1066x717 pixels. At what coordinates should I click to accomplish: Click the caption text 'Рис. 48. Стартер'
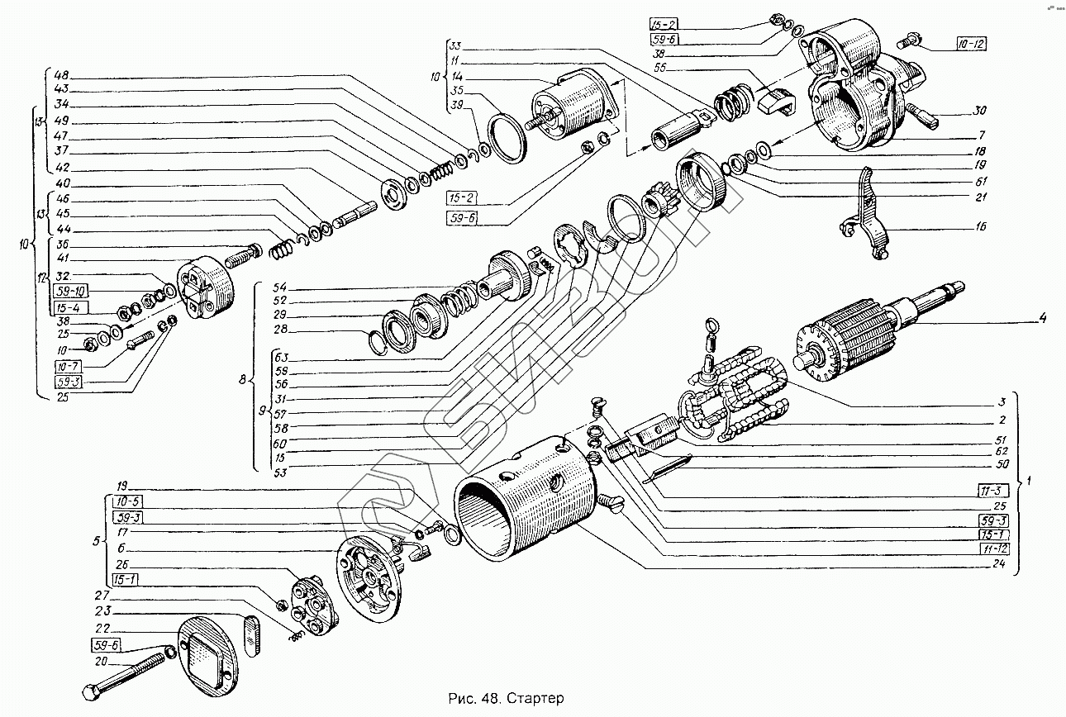[506, 699]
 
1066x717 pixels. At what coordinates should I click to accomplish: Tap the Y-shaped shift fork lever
[867, 215]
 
